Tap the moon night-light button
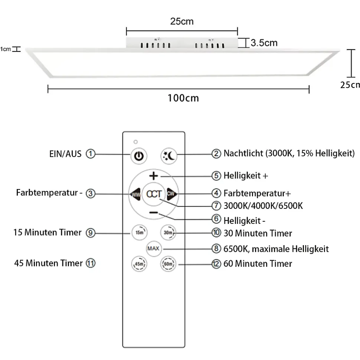tap(169, 156)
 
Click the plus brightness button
tap(154, 176)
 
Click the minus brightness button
tap(154, 212)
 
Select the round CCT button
tap(154, 194)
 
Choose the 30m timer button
tap(168, 232)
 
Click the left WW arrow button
tap(135, 194)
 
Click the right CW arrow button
tap(171, 193)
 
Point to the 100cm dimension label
tap(183, 98)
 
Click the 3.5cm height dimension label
tap(264, 43)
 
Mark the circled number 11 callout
tap(91, 263)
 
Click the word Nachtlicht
tap(243, 153)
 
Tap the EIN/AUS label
tap(65, 153)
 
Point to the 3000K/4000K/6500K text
tap(263, 205)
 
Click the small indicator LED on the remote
tap(136, 142)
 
